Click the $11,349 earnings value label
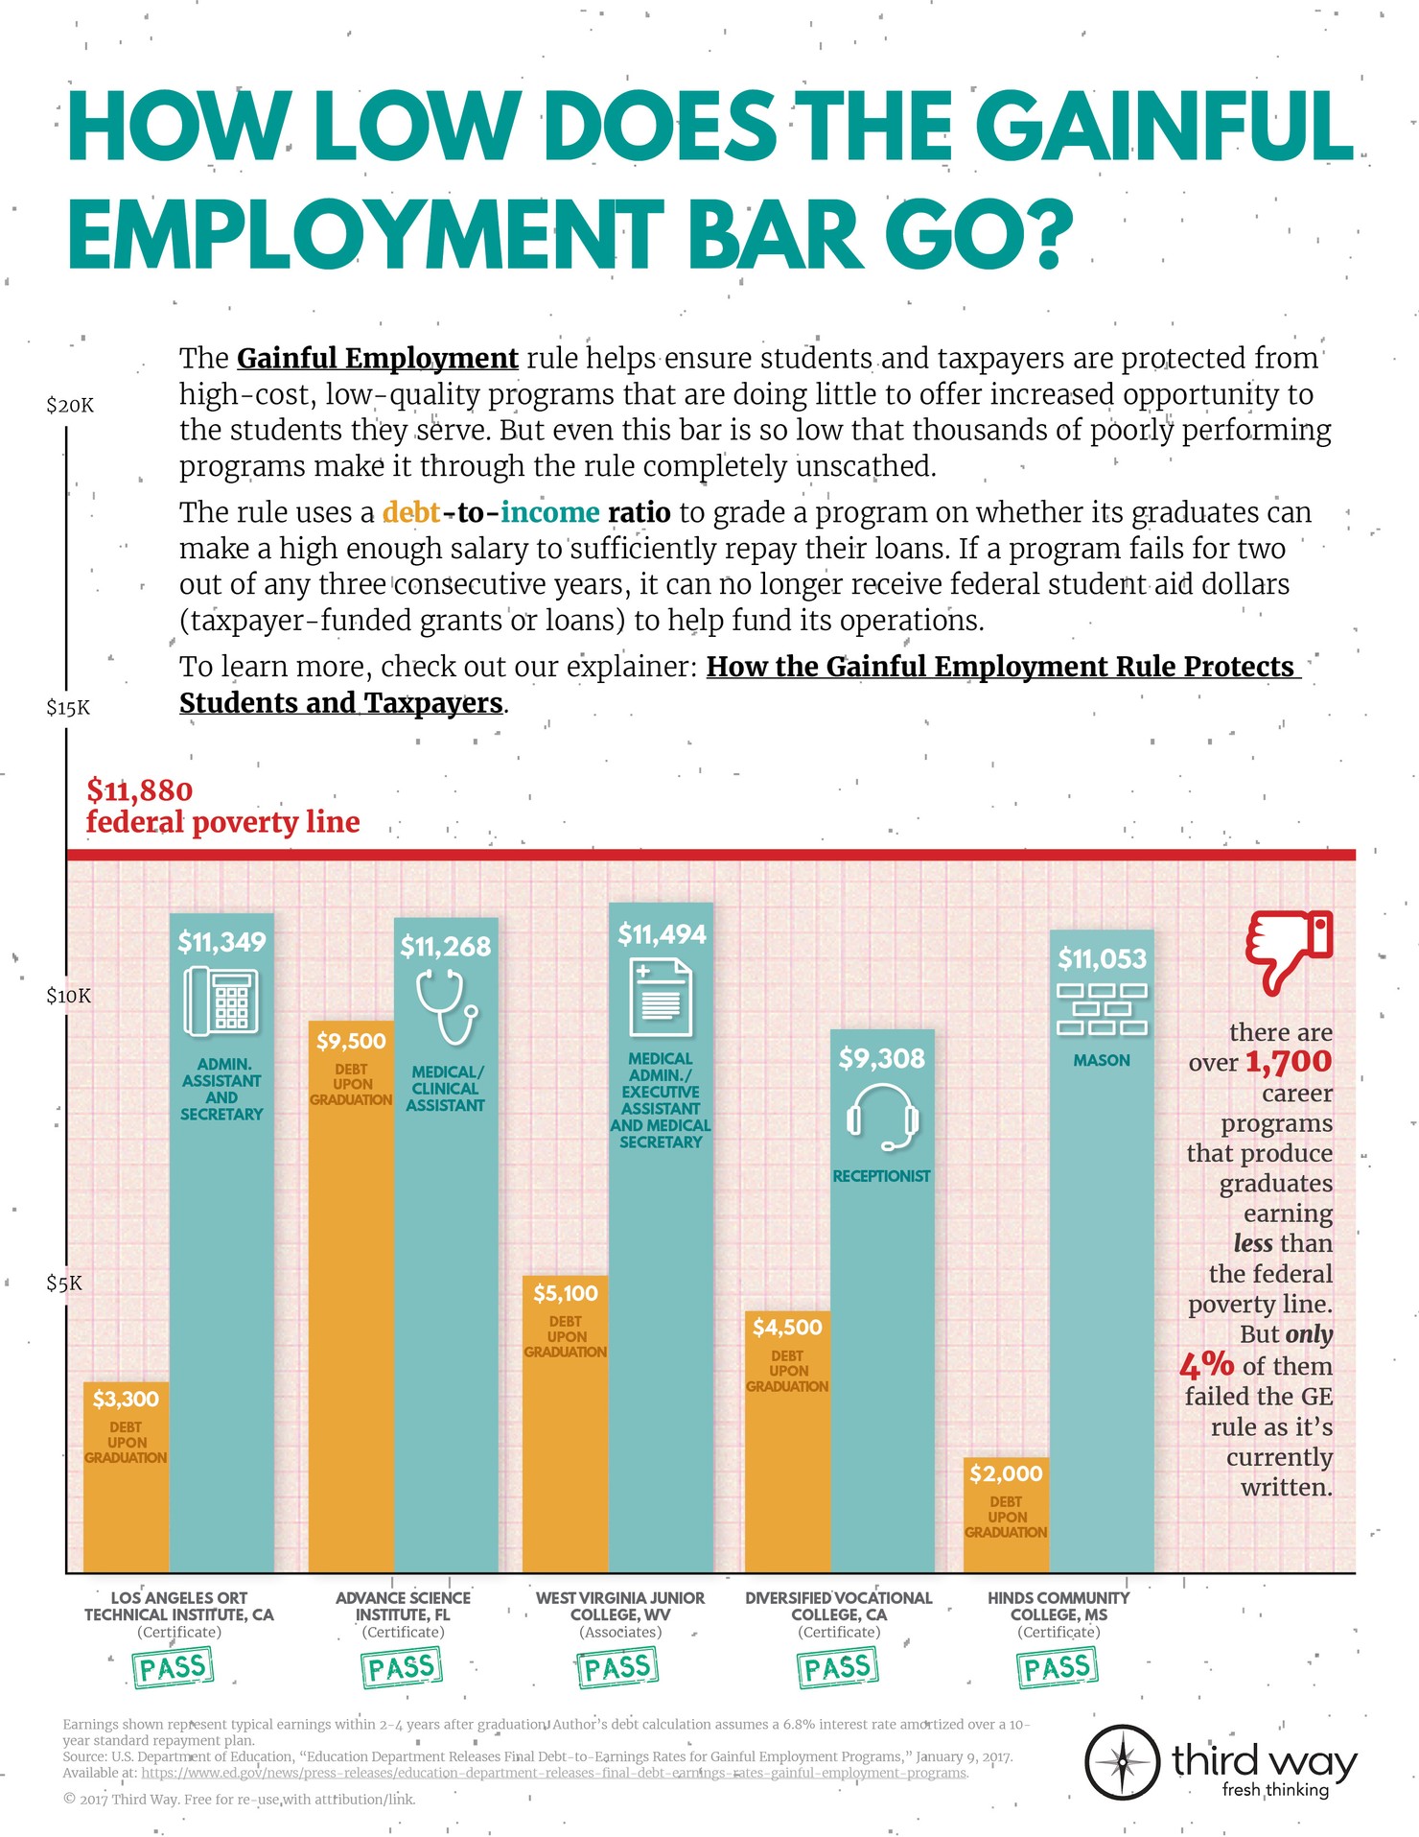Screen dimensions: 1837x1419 coord(221,942)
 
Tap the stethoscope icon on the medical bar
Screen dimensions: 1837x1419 coord(446,1006)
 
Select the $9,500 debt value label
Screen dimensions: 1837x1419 coord(351,1041)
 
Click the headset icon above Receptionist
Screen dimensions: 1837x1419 coord(882,1118)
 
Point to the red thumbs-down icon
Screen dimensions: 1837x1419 coord(1289,951)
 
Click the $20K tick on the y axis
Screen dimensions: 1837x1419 coord(70,405)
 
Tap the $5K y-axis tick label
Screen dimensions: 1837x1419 coord(64,1284)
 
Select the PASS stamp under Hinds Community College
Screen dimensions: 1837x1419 coord(1057,1668)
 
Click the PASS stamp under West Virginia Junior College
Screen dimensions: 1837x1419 coord(618,1668)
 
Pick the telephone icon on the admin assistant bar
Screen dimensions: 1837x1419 coord(221,1001)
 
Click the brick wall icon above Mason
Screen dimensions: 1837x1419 coord(1102,1009)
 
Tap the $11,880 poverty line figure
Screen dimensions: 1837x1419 coord(140,790)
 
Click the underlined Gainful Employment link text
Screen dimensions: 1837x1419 coord(377,359)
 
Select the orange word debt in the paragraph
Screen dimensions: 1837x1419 coord(411,512)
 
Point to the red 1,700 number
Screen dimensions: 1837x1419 coord(1289,1062)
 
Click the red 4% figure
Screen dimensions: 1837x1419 coord(1206,1364)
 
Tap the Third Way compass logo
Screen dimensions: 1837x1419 coord(1121,1762)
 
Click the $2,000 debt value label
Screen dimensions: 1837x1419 coord(1006,1472)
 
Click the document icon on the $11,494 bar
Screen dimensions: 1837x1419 coord(661,1000)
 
